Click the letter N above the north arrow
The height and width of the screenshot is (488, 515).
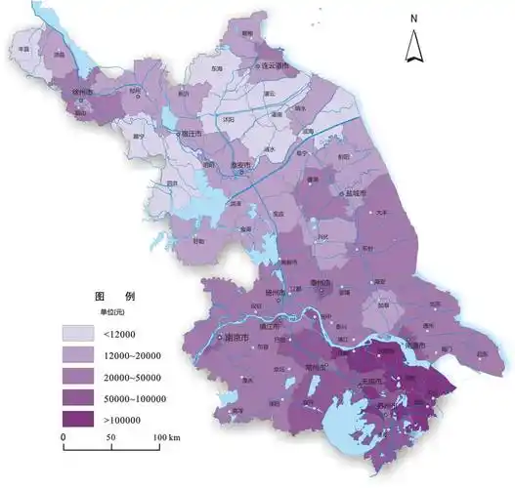[x=414, y=19]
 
